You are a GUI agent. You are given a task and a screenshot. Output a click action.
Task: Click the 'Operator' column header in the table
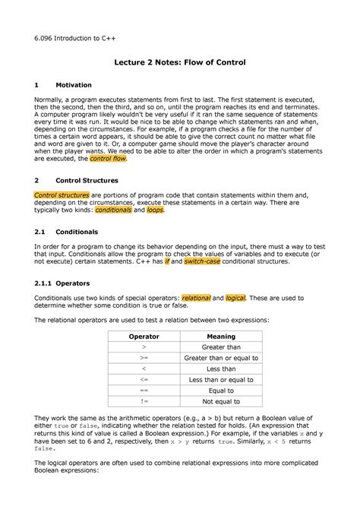(x=144, y=336)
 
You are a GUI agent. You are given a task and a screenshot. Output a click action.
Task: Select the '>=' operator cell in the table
(x=144, y=358)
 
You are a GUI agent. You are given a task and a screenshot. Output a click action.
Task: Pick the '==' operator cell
(x=144, y=390)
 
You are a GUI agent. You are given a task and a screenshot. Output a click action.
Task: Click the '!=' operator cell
(x=144, y=402)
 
